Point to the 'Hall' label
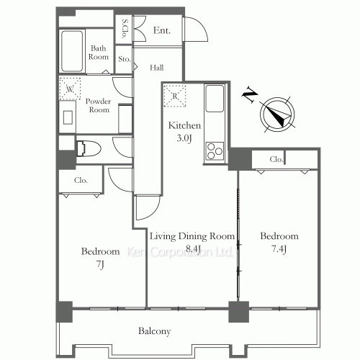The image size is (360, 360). click(156, 68)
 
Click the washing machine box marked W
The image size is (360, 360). click(70, 89)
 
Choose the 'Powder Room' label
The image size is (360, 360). click(98, 105)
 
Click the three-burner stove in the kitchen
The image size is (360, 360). click(215, 150)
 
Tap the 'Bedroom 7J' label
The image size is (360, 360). click(100, 257)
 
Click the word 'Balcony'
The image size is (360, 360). click(154, 331)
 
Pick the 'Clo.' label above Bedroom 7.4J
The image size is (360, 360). click(276, 159)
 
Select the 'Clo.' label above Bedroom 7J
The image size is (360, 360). click(80, 180)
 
